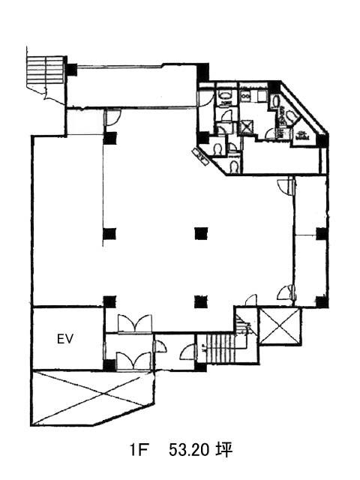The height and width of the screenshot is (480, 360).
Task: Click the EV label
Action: tap(65, 339)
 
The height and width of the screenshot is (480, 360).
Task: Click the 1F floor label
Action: tap(137, 450)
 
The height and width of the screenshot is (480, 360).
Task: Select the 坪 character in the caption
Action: tap(224, 450)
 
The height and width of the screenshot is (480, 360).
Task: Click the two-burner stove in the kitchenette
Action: tap(245, 96)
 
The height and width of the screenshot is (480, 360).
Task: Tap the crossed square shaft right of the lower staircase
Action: tap(279, 325)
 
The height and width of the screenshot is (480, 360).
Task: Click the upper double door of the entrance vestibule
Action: tap(135, 323)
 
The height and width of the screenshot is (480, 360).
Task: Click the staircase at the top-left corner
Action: tap(46, 70)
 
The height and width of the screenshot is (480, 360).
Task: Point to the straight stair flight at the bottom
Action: tap(220, 348)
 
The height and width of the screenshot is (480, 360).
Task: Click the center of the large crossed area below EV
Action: tap(91, 397)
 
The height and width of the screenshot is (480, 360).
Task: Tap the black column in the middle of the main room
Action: tap(201, 234)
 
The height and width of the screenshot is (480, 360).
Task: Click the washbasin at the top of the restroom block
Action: tap(226, 95)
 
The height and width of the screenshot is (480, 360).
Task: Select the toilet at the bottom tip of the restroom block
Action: tap(234, 166)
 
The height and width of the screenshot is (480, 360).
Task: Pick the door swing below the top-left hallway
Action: tap(112, 117)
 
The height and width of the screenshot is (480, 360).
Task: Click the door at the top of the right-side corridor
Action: tap(286, 185)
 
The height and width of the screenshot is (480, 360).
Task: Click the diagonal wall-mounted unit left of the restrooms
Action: tap(200, 154)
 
